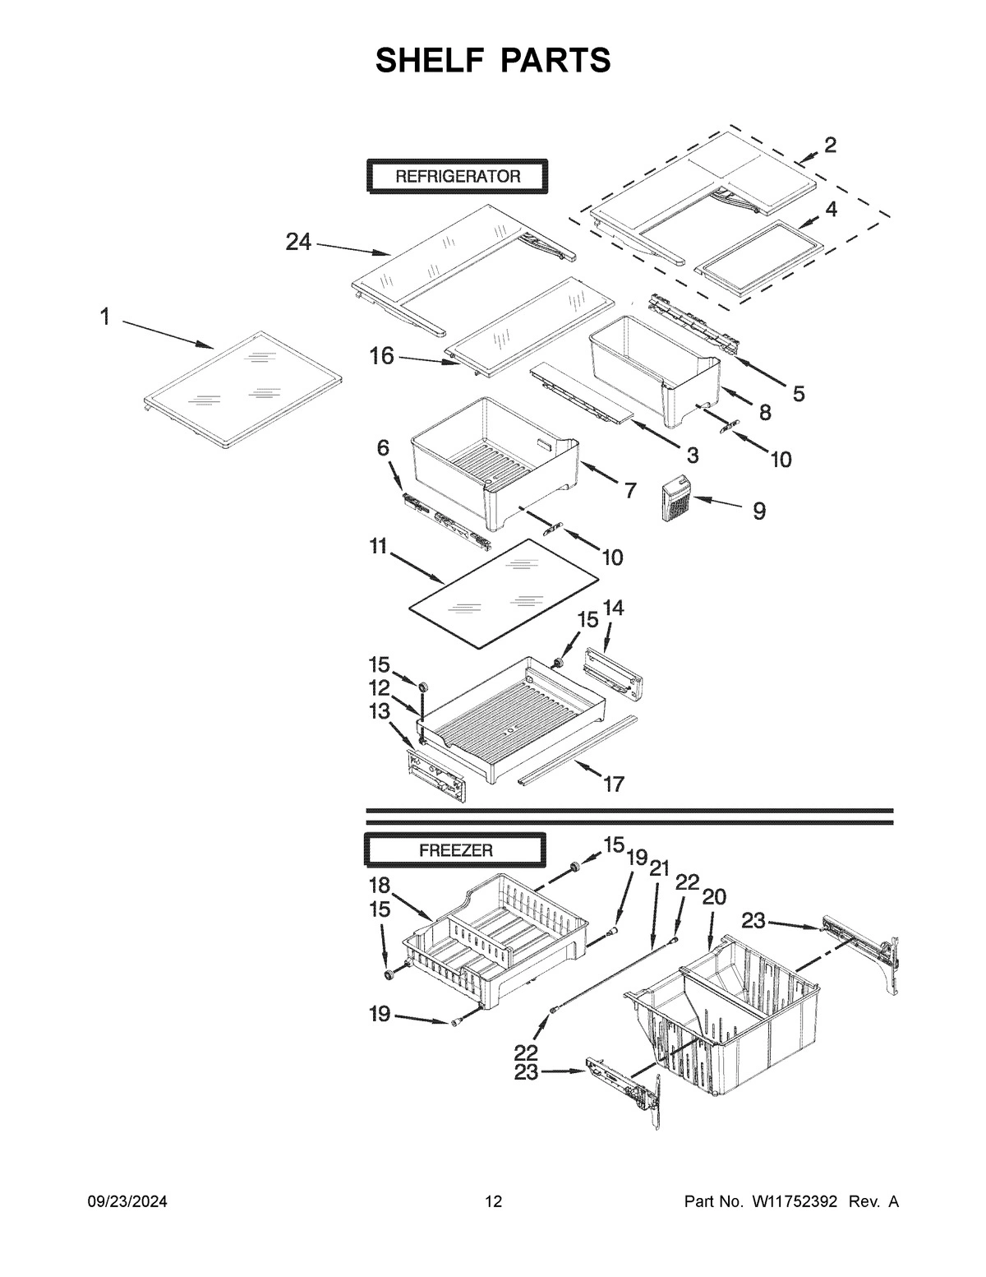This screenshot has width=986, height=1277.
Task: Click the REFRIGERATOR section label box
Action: tap(457, 176)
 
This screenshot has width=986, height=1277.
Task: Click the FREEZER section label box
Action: tap(456, 849)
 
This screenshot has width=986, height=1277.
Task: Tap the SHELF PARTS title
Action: tap(493, 60)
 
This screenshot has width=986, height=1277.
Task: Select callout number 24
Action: tap(298, 242)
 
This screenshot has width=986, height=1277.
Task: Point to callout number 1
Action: tap(105, 317)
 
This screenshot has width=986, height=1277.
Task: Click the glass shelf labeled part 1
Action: tap(243, 389)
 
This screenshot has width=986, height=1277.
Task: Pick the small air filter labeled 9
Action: tap(677, 498)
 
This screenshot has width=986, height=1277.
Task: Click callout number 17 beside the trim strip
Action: tap(613, 784)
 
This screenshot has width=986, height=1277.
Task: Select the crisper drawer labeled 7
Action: tap(493, 460)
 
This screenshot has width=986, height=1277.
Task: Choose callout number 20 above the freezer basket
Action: tap(714, 897)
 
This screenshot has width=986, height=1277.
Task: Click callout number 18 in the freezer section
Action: tap(380, 885)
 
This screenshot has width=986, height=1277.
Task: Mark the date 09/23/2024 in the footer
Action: tap(127, 1201)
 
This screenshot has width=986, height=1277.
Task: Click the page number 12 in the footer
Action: tap(493, 1201)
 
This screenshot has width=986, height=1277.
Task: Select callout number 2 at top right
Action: tap(830, 146)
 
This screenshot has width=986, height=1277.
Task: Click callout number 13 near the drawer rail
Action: tap(380, 711)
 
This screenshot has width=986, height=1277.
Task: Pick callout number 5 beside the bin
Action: tap(798, 393)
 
